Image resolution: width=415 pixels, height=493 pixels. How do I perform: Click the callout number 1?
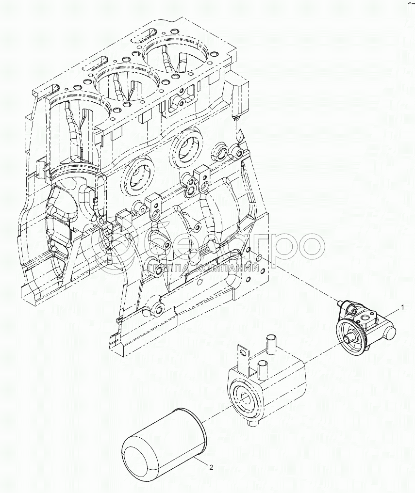401,307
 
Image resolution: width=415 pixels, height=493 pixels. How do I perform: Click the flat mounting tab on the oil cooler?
242,356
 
